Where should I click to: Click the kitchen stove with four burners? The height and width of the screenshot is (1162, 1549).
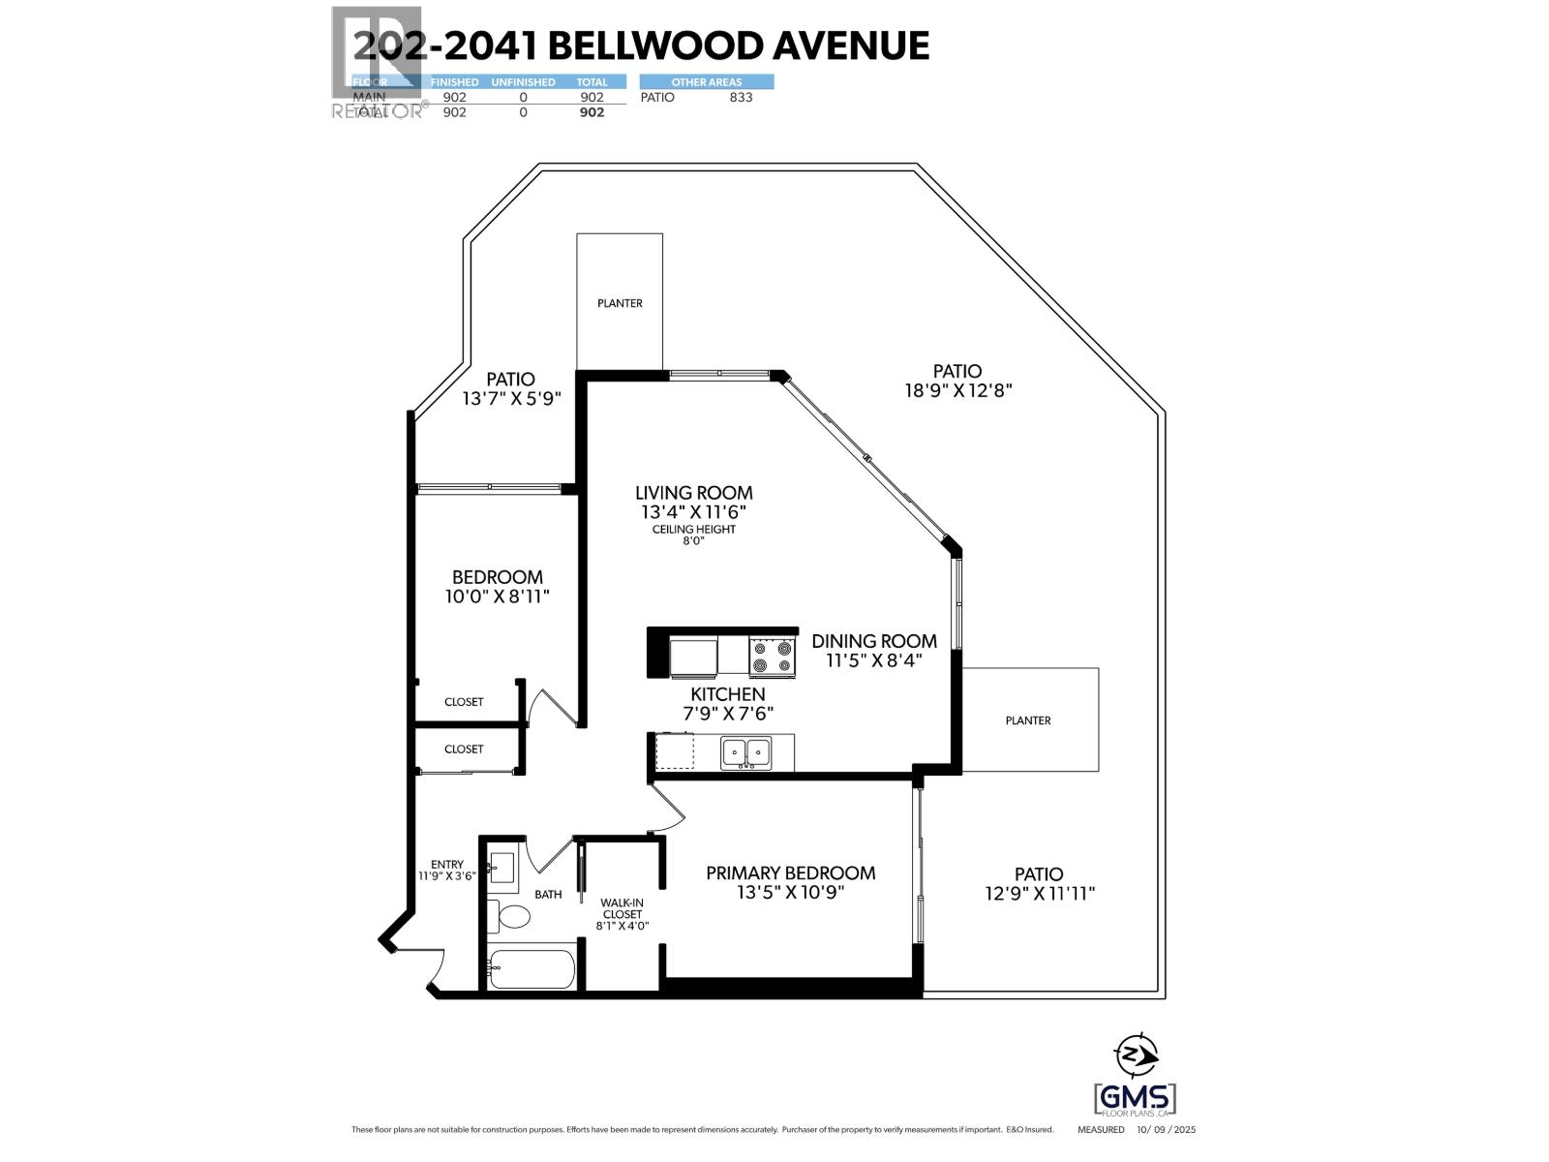[772, 657]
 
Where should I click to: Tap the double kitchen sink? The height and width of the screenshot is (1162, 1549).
[745, 750]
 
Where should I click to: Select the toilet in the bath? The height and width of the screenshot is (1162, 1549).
[509, 915]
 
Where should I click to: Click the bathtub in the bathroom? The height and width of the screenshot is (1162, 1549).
[531, 968]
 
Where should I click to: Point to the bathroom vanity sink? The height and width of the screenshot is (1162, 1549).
[502, 865]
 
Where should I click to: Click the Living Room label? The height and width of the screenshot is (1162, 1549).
[693, 493]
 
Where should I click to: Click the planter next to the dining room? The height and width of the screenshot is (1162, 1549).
[1029, 719]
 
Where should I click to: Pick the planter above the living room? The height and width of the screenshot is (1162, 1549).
[620, 302]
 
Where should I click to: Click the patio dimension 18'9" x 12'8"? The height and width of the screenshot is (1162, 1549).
[957, 391]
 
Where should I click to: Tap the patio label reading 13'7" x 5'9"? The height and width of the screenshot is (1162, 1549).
[511, 398]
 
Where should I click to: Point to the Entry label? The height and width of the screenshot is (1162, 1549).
[447, 864]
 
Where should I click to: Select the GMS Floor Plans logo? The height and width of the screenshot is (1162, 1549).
[1135, 1099]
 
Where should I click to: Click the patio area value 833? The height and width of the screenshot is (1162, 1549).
[741, 97]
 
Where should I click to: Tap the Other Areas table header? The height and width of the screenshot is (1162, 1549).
[707, 82]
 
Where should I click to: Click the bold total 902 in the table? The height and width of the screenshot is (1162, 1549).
[591, 112]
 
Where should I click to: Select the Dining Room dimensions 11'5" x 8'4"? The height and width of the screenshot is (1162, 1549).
[873, 660]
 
